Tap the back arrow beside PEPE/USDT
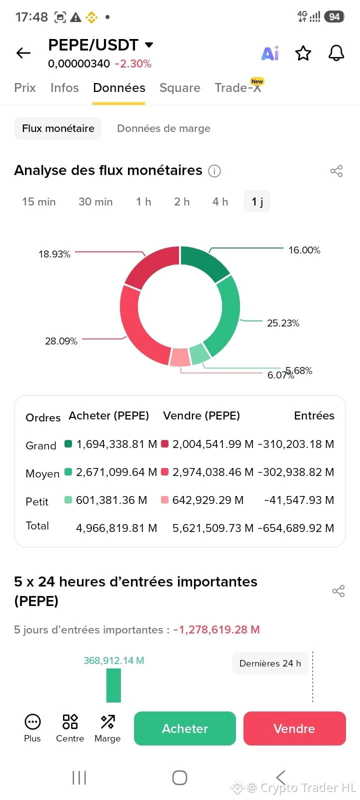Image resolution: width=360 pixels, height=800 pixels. [23, 53]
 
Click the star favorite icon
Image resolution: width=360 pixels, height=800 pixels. [303, 53]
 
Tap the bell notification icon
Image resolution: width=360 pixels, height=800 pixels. [336, 53]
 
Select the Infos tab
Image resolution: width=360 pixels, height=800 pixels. [64, 88]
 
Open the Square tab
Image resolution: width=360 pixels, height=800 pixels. [180, 88]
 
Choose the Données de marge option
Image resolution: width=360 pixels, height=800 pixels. [163, 128]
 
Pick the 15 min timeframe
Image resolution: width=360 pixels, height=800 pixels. [39, 202]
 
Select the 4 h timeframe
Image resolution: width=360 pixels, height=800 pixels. [220, 202]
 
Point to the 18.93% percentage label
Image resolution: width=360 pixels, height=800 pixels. [54, 254]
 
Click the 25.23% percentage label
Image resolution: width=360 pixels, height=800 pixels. [283, 323]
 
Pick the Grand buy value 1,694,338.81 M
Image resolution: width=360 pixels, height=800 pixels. [117, 444]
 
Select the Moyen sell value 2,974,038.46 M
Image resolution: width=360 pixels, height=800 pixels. [213, 472]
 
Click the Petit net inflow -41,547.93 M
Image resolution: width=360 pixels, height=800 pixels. [299, 500]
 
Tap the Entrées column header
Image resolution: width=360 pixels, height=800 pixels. [314, 415]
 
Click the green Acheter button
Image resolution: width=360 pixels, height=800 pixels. [185, 728]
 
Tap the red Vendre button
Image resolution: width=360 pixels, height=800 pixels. [294, 728]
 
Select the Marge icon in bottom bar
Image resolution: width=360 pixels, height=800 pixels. [107, 728]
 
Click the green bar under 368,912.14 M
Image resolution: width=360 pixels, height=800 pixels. [113, 685]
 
